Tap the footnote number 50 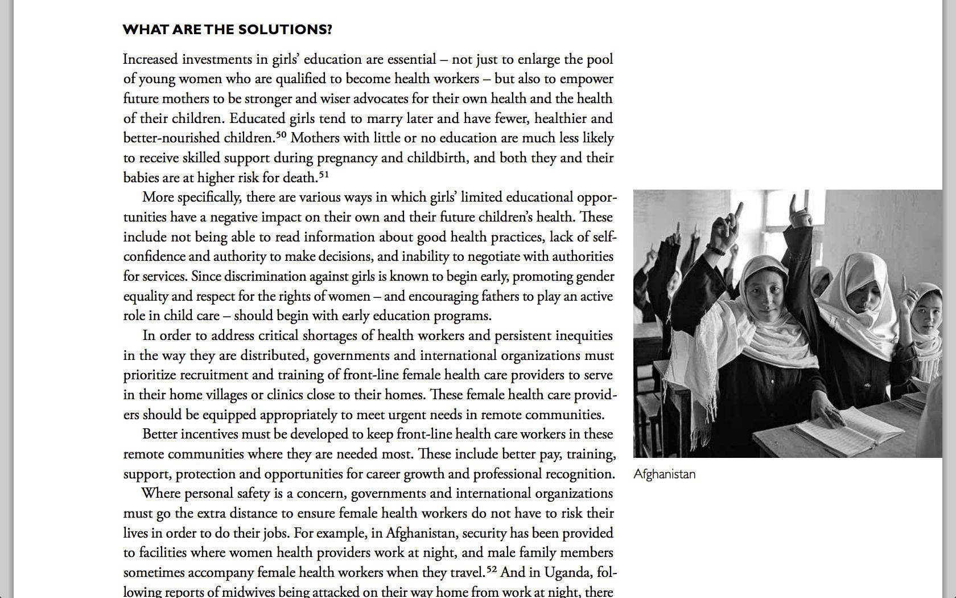click(x=281, y=135)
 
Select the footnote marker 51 click(x=323, y=174)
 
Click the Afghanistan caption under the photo click(x=664, y=474)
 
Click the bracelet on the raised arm click(x=716, y=249)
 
